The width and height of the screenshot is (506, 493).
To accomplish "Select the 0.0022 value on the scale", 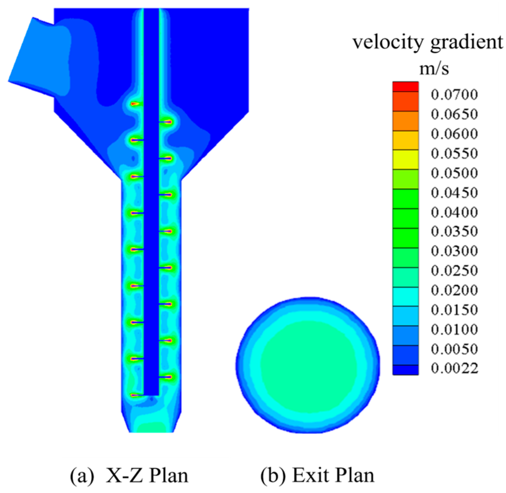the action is [x=454, y=368].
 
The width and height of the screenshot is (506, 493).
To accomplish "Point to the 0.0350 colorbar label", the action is [x=454, y=231].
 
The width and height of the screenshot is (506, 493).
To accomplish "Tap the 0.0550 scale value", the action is [x=454, y=153].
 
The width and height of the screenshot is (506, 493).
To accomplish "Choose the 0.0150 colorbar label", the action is [x=454, y=310].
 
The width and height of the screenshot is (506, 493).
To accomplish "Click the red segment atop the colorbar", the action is [x=406, y=87].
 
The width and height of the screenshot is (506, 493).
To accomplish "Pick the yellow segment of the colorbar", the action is [x=406, y=160].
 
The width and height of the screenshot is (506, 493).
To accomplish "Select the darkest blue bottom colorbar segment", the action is [x=406, y=370].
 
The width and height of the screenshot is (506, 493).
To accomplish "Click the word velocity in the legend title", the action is [x=389, y=43].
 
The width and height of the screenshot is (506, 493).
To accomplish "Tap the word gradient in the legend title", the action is [x=466, y=43].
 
